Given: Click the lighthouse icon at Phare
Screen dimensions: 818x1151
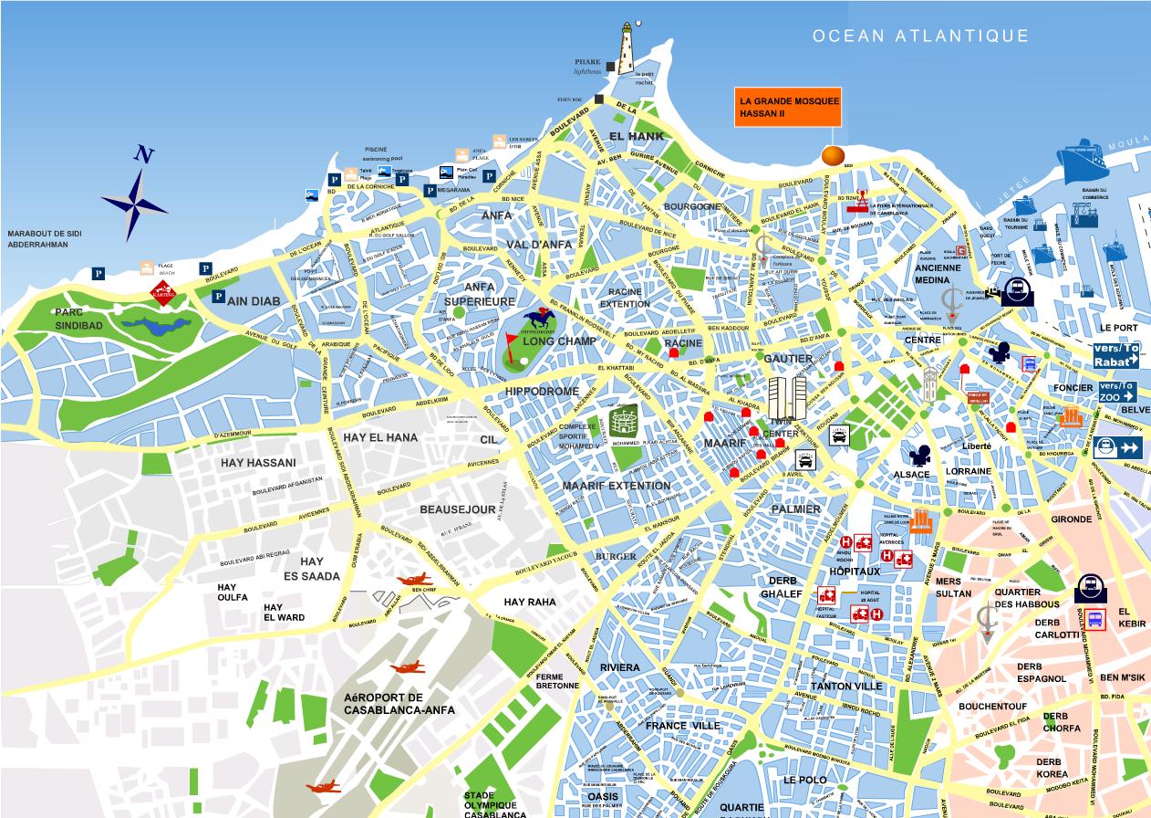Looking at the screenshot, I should point(627,49).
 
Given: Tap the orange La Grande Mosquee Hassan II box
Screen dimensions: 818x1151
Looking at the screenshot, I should point(789,108).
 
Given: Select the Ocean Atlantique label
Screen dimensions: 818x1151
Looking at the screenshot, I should point(921,37).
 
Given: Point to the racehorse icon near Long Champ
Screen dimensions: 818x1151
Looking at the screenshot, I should point(540,320).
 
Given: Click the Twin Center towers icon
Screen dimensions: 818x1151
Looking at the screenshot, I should point(787,398).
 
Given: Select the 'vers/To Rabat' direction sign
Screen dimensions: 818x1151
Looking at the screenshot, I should point(1116,356).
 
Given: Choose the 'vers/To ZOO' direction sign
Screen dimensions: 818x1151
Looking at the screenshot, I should point(1117,392).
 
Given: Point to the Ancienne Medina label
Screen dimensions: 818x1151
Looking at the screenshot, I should point(939,274).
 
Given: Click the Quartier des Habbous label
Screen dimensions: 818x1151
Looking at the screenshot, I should point(1027,598).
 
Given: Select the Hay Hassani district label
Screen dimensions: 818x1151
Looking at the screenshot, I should point(258,463).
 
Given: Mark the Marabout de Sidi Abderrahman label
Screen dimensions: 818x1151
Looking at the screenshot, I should point(45,239).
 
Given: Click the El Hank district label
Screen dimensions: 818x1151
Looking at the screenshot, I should point(629,136).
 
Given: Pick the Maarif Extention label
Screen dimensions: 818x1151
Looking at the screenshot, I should point(617,486).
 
